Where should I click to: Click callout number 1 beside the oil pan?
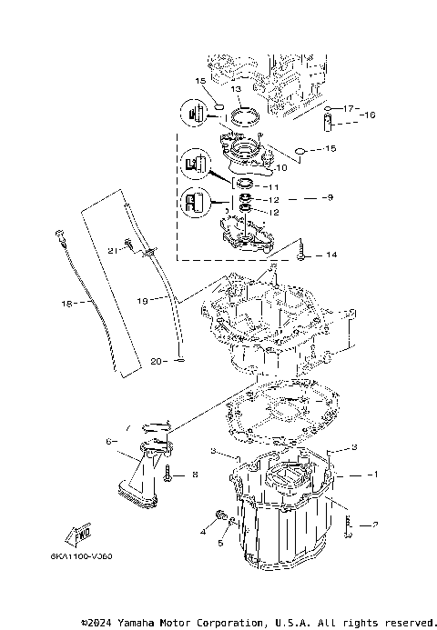point(372,475)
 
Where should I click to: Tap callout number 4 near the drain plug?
point(202,531)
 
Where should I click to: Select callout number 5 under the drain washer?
point(218,543)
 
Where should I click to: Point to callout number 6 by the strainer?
point(109,441)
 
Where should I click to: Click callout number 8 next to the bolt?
point(194,474)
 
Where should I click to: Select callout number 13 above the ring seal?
point(234,90)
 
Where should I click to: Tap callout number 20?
point(156,361)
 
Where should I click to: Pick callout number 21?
point(111,251)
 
